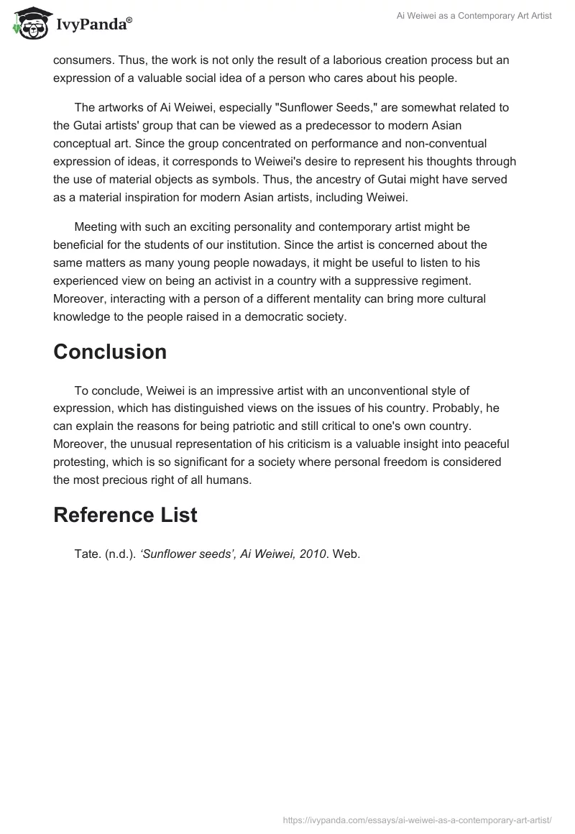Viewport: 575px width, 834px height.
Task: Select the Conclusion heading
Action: click(110, 352)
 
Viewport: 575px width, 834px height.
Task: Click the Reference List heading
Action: click(125, 515)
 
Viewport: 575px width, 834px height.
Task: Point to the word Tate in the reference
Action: click(87, 554)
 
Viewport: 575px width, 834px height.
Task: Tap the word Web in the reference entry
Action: click(346, 554)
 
